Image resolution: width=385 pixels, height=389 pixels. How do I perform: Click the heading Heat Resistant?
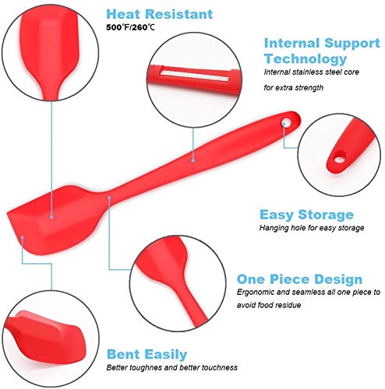[160, 14]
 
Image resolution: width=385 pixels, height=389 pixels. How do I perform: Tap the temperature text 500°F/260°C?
[130, 27]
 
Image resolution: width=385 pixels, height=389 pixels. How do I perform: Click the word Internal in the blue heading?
[291, 43]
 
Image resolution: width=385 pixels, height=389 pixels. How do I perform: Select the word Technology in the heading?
[306, 59]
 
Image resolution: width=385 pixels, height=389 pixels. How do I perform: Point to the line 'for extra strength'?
[294, 88]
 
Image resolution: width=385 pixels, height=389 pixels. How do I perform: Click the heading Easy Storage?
[306, 215]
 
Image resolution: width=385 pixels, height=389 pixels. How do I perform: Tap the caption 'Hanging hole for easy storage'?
[312, 228]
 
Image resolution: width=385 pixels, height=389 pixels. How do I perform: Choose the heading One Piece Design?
[299, 279]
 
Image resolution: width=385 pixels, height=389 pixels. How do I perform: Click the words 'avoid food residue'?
[269, 305]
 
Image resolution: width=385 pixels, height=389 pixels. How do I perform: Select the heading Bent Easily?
[147, 354]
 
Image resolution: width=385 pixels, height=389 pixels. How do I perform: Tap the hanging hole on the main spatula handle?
[287, 121]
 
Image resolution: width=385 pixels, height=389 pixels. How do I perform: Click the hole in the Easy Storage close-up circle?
[339, 159]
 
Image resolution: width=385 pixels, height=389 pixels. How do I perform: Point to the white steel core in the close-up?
[193, 73]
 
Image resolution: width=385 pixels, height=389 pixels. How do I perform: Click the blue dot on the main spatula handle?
[193, 160]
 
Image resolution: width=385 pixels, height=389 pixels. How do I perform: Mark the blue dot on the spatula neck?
[109, 198]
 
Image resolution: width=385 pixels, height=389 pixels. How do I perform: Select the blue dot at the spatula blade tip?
[23, 237]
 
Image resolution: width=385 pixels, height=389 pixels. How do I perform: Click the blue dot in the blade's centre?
[51, 217]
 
